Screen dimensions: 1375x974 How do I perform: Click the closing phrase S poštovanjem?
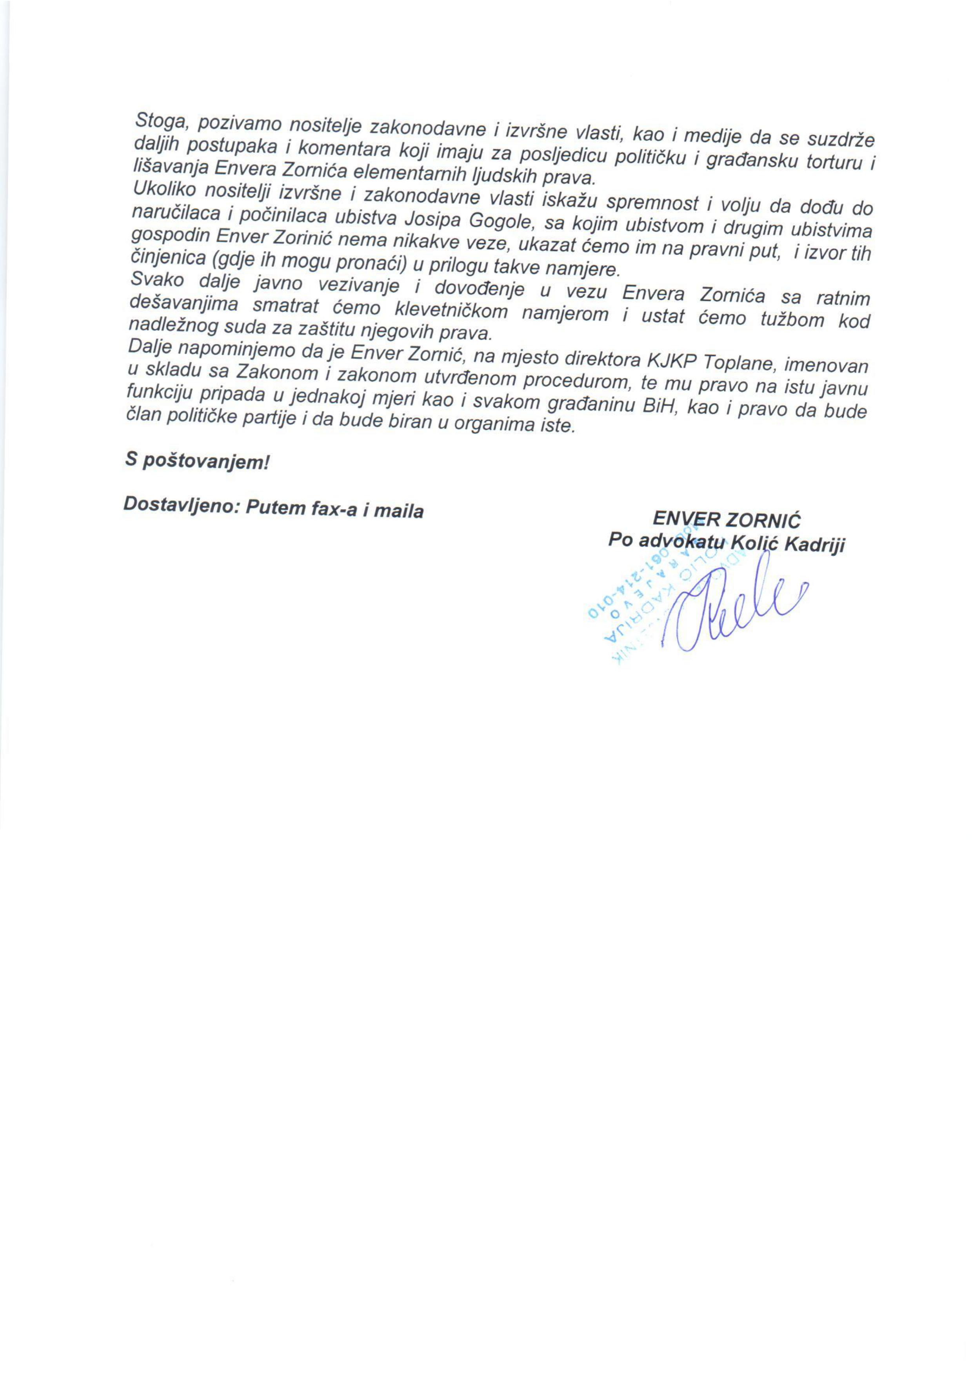coord(197,460)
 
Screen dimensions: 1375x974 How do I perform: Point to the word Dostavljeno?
coord(179,505)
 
